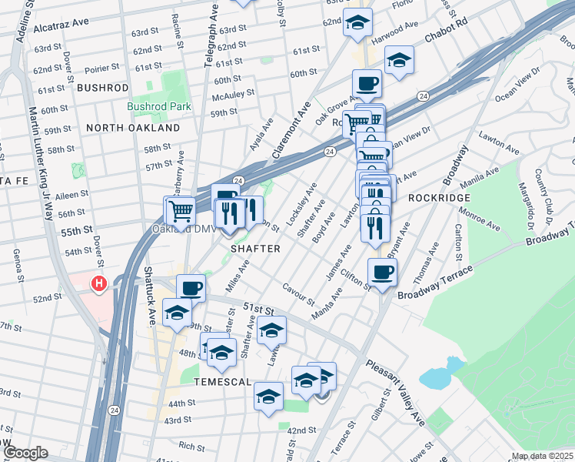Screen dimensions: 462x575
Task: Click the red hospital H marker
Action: [x=98, y=284]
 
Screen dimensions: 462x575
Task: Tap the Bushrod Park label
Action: [x=158, y=107]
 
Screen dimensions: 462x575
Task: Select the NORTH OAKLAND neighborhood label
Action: [x=132, y=128]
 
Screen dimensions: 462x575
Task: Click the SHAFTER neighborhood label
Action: [x=256, y=249]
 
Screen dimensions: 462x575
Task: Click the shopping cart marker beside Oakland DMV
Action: [x=180, y=210]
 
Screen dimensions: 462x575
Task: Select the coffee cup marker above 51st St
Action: [x=191, y=289]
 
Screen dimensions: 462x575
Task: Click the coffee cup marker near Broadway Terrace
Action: [x=383, y=271]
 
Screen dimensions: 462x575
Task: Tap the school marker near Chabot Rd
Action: [x=399, y=60]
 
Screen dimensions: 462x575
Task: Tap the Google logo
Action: [x=25, y=453]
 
